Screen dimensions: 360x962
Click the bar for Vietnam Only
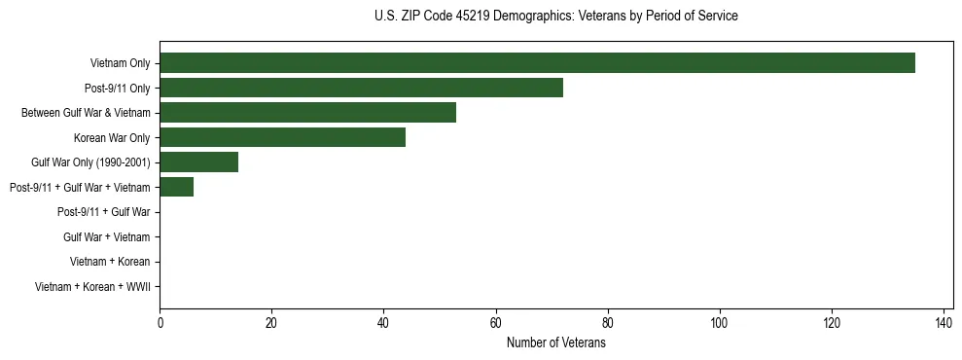click(537, 63)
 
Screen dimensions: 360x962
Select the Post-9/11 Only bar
click(361, 88)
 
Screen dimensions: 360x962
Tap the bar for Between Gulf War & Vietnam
click(307, 113)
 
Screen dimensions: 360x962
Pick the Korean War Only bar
click(282, 137)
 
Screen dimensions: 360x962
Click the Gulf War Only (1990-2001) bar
click(198, 162)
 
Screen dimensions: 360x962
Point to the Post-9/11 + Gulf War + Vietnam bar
click(176, 187)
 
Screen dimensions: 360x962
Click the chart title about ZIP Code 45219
click(555, 17)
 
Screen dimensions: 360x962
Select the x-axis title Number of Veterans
click(555, 343)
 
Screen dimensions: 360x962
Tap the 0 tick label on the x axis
click(160, 323)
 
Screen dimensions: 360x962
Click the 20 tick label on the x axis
click(271, 323)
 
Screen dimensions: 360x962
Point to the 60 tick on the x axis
click(496, 323)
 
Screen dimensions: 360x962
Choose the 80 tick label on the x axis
click(608, 323)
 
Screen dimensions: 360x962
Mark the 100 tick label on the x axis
click(720, 323)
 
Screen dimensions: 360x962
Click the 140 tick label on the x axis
click(944, 323)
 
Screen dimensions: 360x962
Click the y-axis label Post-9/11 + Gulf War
click(103, 212)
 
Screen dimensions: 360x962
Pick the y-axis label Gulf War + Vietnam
click(106, 236)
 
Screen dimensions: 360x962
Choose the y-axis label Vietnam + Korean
click(110, 262)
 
